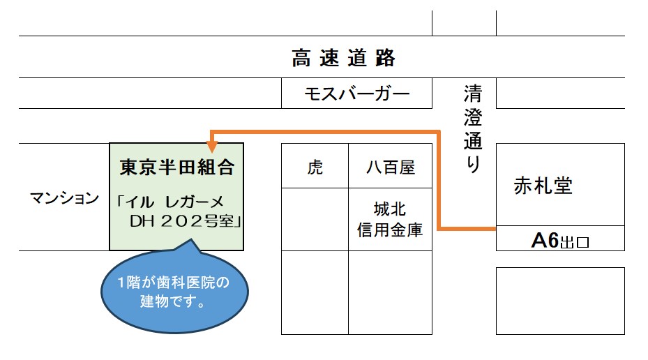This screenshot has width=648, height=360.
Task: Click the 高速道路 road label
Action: click(x=343, y=58)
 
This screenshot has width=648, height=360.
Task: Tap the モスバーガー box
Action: click(x=356, y=93)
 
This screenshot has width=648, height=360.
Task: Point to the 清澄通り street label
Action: click(x=472, y=130)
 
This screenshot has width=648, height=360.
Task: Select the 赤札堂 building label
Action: click(x=543, y=186)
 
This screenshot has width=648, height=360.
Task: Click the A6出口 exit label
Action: click(x=560, y=241)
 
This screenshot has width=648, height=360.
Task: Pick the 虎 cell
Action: click(x=315, y=167)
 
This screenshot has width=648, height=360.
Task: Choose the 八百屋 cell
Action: click(x=391, y=167)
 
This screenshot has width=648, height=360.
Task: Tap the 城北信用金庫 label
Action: click(x=390, y=219)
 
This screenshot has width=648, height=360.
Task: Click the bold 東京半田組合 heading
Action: click(x=176, y=167)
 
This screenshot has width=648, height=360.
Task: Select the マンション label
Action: click(x=64, y=198)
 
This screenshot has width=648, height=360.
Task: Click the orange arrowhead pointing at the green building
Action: click(x=212, y=146)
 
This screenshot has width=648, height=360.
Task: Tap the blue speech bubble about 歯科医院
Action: click(x=176, y=292)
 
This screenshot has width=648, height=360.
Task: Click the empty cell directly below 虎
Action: click(x=315, y=219)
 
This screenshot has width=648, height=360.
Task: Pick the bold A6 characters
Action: click(x=545, y=241)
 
